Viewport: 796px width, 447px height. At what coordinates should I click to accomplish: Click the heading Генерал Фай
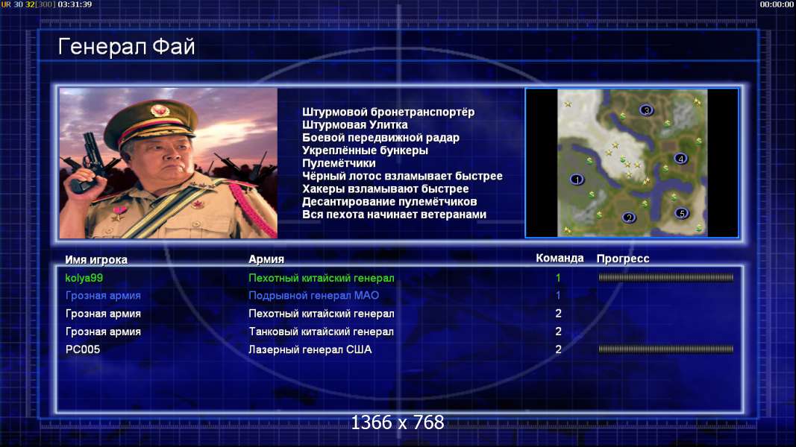click(126, 47)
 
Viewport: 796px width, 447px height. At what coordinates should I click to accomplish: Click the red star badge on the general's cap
click(160, 110)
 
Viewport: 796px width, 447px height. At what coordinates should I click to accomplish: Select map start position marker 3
click(646, 110)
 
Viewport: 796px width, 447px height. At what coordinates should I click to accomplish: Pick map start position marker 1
click(577, 180)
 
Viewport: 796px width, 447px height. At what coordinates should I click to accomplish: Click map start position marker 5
click(682, 213)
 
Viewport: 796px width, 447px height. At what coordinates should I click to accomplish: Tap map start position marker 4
click(681, 159)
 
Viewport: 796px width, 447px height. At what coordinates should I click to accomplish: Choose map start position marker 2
click(629, 218)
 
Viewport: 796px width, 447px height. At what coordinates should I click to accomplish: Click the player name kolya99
click(84, 278)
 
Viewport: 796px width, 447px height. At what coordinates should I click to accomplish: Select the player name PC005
click(83, 349)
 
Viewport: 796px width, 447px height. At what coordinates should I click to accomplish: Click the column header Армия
click(266, 259)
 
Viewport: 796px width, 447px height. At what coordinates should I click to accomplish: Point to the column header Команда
click(560, 258)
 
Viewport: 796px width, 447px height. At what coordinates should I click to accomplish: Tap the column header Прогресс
click(623, 259)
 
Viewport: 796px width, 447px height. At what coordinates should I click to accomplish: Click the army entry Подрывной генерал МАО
click(314, 296)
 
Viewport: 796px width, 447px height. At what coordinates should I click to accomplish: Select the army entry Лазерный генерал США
click(310, 349)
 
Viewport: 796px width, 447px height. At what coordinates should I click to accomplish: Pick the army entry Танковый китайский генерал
click(321, 332)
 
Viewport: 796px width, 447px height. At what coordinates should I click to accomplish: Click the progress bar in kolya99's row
click(665, 277)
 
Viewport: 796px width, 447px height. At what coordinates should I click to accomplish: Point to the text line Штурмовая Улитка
click(355, 124)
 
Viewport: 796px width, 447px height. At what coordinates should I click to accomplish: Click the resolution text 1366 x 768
click(398, 422)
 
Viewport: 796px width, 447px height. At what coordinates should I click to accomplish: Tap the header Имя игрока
click(96, 259)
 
